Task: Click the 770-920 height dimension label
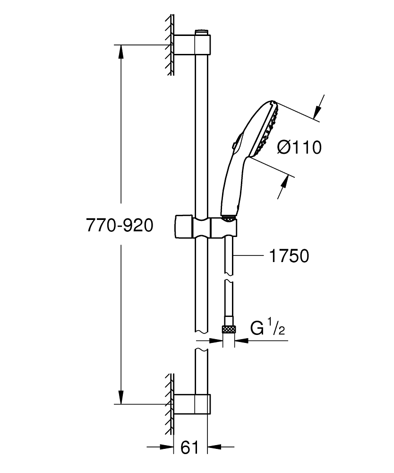[120, 226]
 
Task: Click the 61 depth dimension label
[190, 447]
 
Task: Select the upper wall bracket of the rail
[191, 45]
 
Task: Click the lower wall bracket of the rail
[191, 403]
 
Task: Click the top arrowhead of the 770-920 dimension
[121, 51]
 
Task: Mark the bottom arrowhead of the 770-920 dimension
[121, 397]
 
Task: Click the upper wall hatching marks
[169, 45]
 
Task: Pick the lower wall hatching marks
[169, 402]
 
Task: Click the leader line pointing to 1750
[248, 256]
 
